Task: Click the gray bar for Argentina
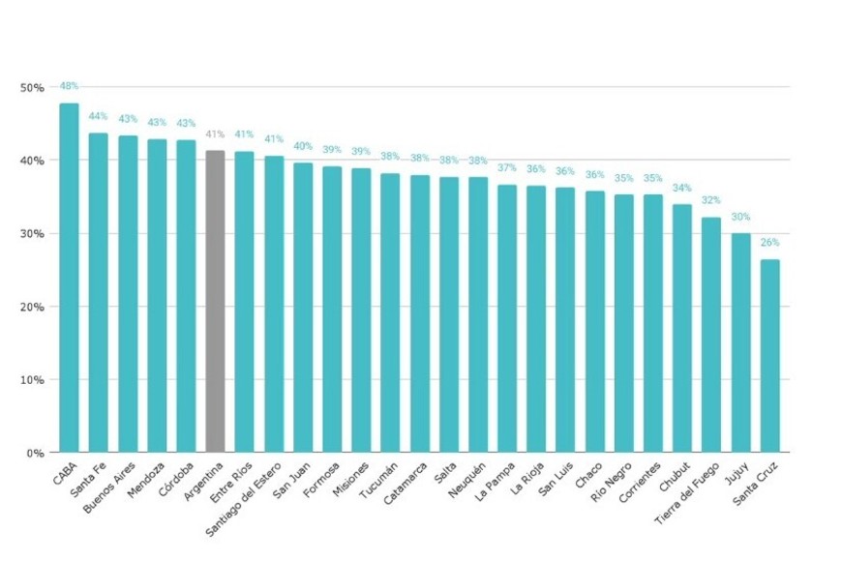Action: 215,301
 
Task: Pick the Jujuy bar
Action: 740,342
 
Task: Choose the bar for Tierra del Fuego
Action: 711,335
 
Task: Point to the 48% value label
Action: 69,85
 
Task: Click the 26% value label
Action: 769,243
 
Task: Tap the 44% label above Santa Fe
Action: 98,116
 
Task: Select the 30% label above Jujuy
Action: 740,217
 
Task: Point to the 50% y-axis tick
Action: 32,88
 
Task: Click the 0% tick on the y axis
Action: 36,453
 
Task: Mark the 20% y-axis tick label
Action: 32,307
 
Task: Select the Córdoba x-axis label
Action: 175,477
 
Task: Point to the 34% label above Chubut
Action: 682,188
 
